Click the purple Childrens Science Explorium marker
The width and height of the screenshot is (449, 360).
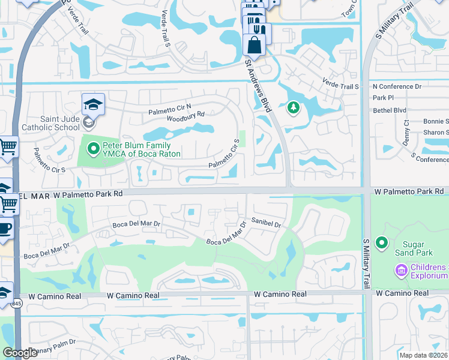point(401,271)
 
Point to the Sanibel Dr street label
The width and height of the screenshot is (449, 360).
point(267,223)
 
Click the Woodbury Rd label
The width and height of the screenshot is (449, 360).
point(184,114)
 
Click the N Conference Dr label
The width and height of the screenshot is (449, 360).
point(397,86)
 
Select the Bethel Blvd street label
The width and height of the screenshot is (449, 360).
point(390,110)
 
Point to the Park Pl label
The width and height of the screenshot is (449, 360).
point(383,98)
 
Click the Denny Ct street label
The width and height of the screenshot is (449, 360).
point(406,134)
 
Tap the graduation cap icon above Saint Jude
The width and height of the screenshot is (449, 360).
point(93,104)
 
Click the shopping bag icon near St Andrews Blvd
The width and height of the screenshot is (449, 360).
point(255,45)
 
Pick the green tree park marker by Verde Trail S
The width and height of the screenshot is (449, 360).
point(293,108)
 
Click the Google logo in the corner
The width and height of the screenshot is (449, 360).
point(20,353)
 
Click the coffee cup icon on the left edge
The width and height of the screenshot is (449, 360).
point(5,230)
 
